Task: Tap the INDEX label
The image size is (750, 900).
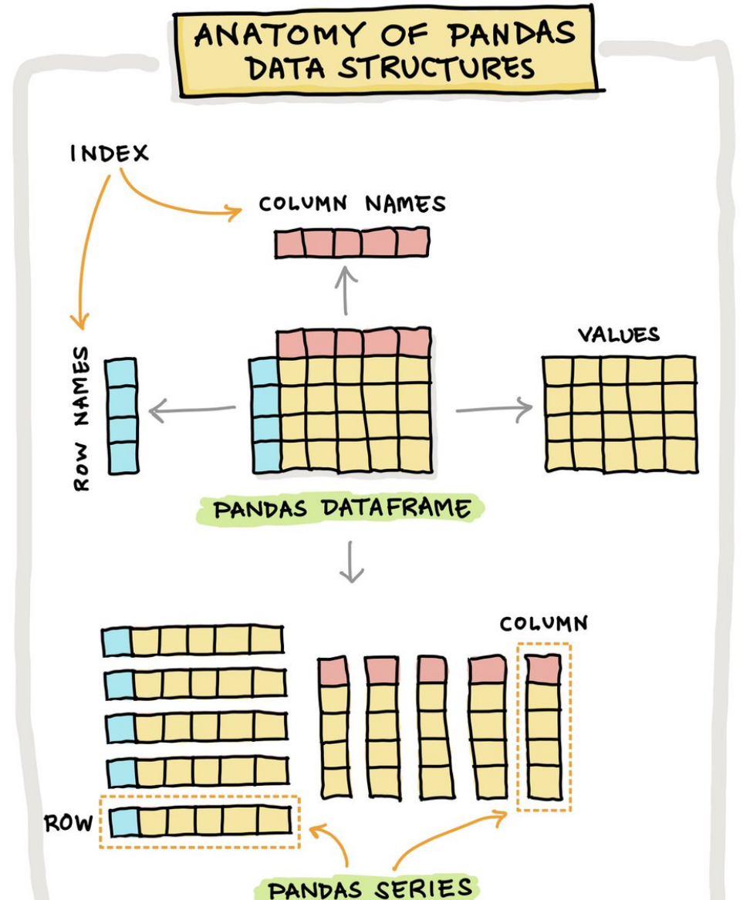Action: click(x=109, y=153)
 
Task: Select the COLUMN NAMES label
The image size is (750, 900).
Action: click(x=352, y=204)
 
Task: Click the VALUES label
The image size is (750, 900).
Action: click(x=619, y=335)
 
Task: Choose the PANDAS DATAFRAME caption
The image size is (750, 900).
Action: click(x=342, y=510)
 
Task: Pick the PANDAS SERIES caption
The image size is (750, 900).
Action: click(x=370, y=887)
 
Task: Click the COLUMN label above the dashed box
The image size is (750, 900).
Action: click(x=543, y=624)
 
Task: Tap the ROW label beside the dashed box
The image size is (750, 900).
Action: click(x=68, y=823)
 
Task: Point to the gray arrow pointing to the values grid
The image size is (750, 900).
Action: click(x=494, y=409)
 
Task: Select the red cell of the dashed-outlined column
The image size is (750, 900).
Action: click(x=544, y=669)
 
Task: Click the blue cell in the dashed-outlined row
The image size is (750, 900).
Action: click(x=123, y=822)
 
